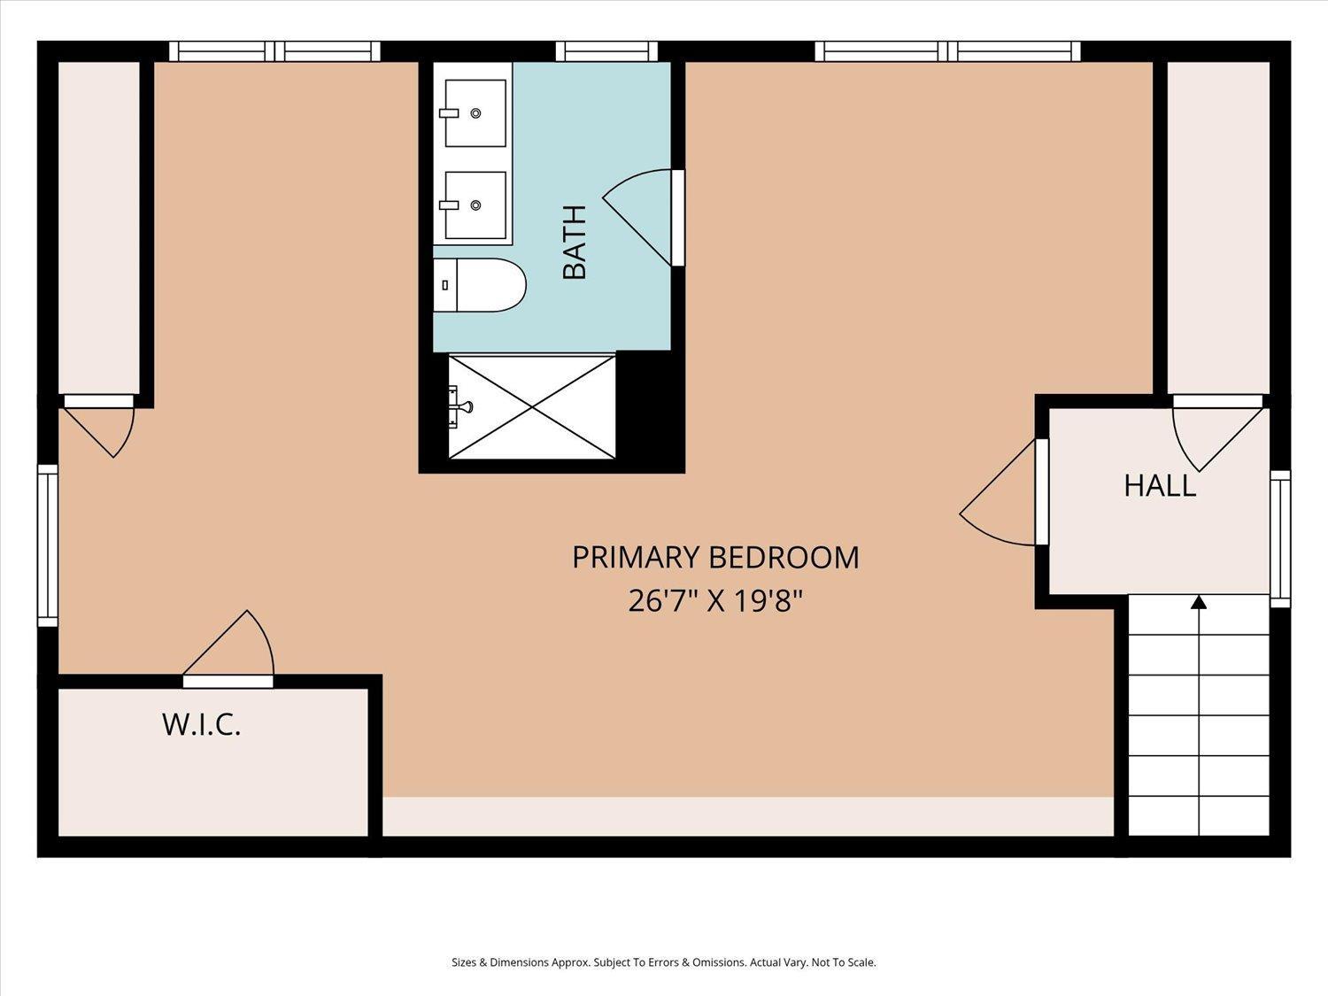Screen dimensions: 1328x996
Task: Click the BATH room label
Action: (x=575, y=242)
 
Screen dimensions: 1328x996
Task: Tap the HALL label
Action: (x=1160, y=486)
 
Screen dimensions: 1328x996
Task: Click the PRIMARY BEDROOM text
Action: (x=715, y=557)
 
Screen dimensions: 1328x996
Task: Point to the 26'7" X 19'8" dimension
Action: (x=715, y=601)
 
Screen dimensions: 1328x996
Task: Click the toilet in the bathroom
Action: (x=479, y=285)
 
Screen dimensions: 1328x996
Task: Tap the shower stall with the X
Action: (x=532, y=407)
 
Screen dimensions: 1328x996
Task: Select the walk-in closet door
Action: (x=228, y=649)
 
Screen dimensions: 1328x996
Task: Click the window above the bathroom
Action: (x=606, y=51)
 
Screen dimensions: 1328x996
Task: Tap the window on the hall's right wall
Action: (x=1280, y=539)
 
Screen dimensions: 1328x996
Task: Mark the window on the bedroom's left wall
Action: (x=48, y=545)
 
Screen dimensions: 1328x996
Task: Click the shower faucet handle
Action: (x=464, y=405)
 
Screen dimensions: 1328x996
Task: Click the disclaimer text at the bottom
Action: (x=664, y=962)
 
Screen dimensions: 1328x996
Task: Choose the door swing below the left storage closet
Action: (x=98, y=427)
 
